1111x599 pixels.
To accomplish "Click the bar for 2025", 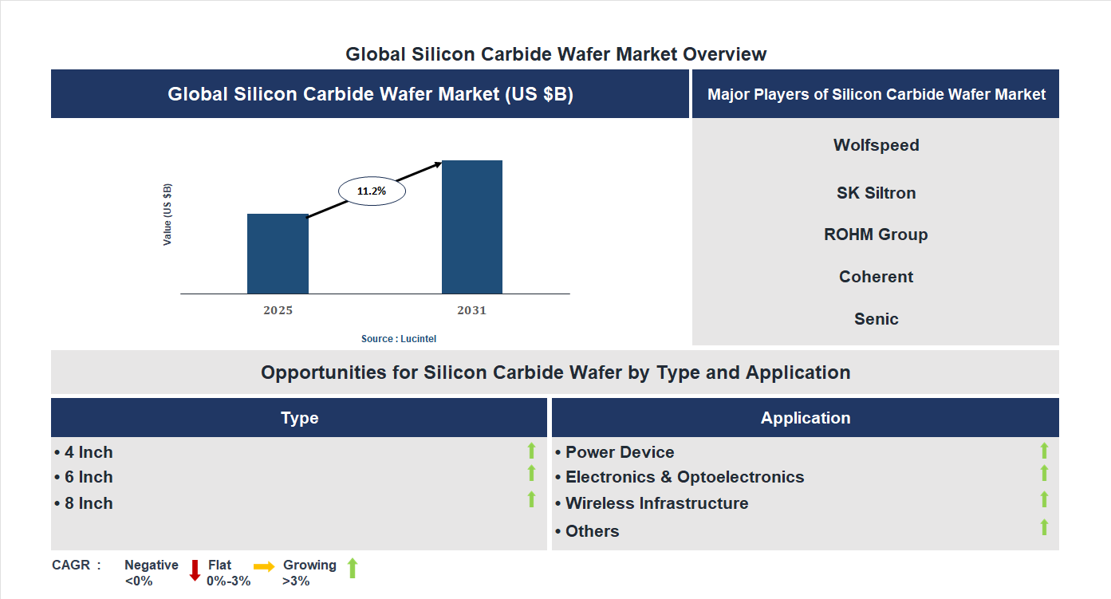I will point(278,254).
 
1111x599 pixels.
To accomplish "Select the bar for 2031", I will point(472,227).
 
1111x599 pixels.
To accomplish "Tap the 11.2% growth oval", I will point(372,191).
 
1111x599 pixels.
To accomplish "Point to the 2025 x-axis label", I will point(278,310).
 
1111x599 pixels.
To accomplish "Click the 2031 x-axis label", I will point(471,310).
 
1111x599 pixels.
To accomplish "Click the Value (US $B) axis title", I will point(167,215).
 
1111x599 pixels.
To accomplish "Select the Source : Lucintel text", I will point(399,339).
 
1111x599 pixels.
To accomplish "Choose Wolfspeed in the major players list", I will point(876,145).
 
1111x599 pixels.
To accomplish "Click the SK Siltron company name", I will point(876,193).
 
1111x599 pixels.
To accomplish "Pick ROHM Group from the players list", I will point(876,234).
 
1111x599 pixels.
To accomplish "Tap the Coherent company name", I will point(876,277).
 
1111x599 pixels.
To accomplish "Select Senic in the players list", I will point(876,319).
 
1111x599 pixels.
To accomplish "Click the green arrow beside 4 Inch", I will point(531,451).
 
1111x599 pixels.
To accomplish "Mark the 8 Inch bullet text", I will point(84,503).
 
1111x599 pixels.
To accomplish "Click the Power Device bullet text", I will point(615,452).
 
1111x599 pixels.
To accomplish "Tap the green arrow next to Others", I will point(1044,527).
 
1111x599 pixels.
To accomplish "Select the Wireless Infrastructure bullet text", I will point(652,503).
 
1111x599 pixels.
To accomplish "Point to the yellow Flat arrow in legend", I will point(264,566).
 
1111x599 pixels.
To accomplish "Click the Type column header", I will point(299,418).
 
